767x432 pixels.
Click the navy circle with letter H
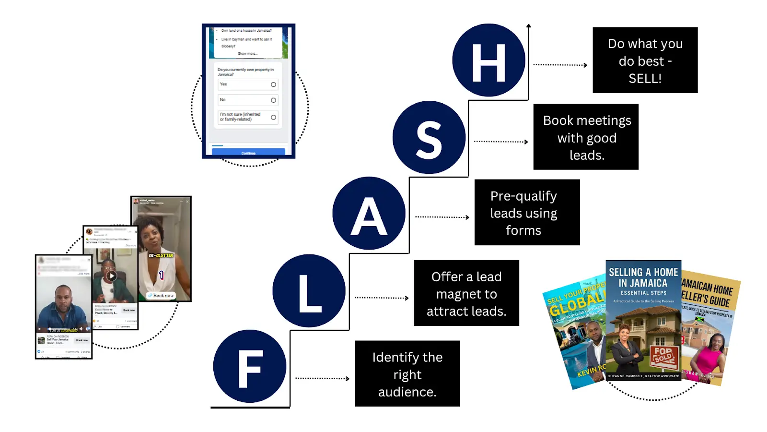coord(488,60)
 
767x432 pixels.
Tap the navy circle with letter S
coord(429,138)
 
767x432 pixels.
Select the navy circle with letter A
coord(369,213)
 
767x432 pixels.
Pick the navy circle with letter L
coord(309,291)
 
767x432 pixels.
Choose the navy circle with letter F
coord(249,366)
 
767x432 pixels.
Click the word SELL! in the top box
coord(645,79)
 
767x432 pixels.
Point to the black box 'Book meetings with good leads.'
coord(586,137)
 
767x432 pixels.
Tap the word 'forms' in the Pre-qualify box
coord(523,231)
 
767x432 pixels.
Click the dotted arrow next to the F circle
coord(322,379)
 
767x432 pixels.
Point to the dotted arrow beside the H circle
coord(560,65)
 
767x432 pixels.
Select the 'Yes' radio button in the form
coord(273,84)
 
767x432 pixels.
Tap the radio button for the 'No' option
coord(273,100)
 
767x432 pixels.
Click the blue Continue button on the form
coord(248,153)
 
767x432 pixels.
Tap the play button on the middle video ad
coord(111,276)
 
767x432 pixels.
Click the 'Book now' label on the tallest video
coord(161,296)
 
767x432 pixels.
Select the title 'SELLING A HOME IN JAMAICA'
coord(643,277)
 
